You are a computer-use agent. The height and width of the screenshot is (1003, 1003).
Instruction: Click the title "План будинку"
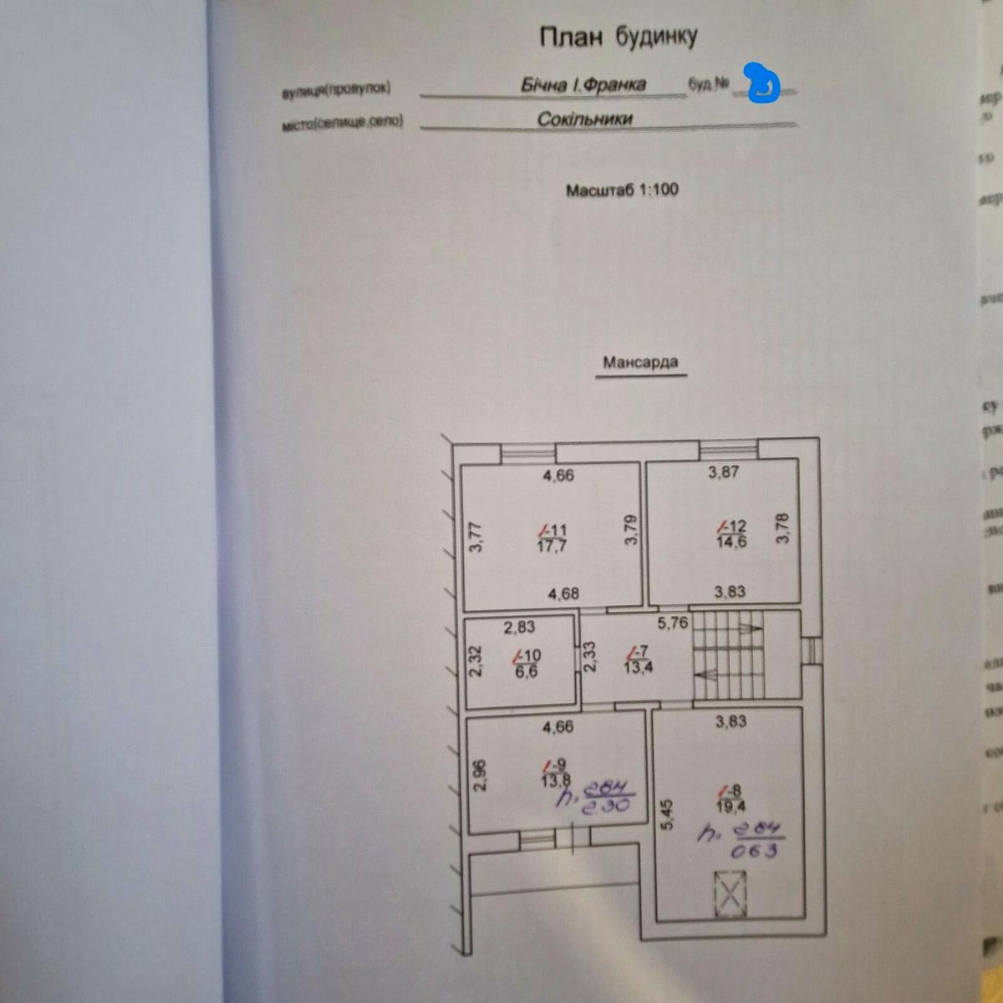618,37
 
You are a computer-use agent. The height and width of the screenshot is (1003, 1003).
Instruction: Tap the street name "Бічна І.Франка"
583,85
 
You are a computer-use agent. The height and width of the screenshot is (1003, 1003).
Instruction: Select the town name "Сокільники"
584,119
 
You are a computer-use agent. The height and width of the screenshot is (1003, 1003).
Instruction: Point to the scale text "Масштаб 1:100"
622,190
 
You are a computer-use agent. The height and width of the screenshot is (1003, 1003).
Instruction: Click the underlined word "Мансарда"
640,363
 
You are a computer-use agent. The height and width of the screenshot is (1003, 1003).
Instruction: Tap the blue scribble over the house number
762,84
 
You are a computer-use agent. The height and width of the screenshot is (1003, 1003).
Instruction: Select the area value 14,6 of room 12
731,542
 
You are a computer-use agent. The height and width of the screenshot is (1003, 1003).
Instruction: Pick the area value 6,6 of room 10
526,671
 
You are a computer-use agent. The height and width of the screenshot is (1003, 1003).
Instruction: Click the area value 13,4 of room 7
638,666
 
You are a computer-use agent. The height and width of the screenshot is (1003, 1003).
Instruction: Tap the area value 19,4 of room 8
731,807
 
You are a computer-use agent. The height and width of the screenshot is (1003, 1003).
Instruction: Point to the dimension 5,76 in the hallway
672,623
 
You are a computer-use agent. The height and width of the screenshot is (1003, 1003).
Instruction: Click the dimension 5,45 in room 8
666,814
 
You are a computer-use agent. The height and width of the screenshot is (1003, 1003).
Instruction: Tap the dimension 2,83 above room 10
519,627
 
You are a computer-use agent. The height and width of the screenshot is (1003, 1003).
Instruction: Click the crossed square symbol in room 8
730,894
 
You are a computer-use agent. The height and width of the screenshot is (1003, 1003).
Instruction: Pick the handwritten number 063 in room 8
754,851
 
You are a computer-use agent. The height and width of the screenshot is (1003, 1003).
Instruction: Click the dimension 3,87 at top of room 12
723,472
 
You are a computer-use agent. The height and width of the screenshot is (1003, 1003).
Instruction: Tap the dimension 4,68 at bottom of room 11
563,593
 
